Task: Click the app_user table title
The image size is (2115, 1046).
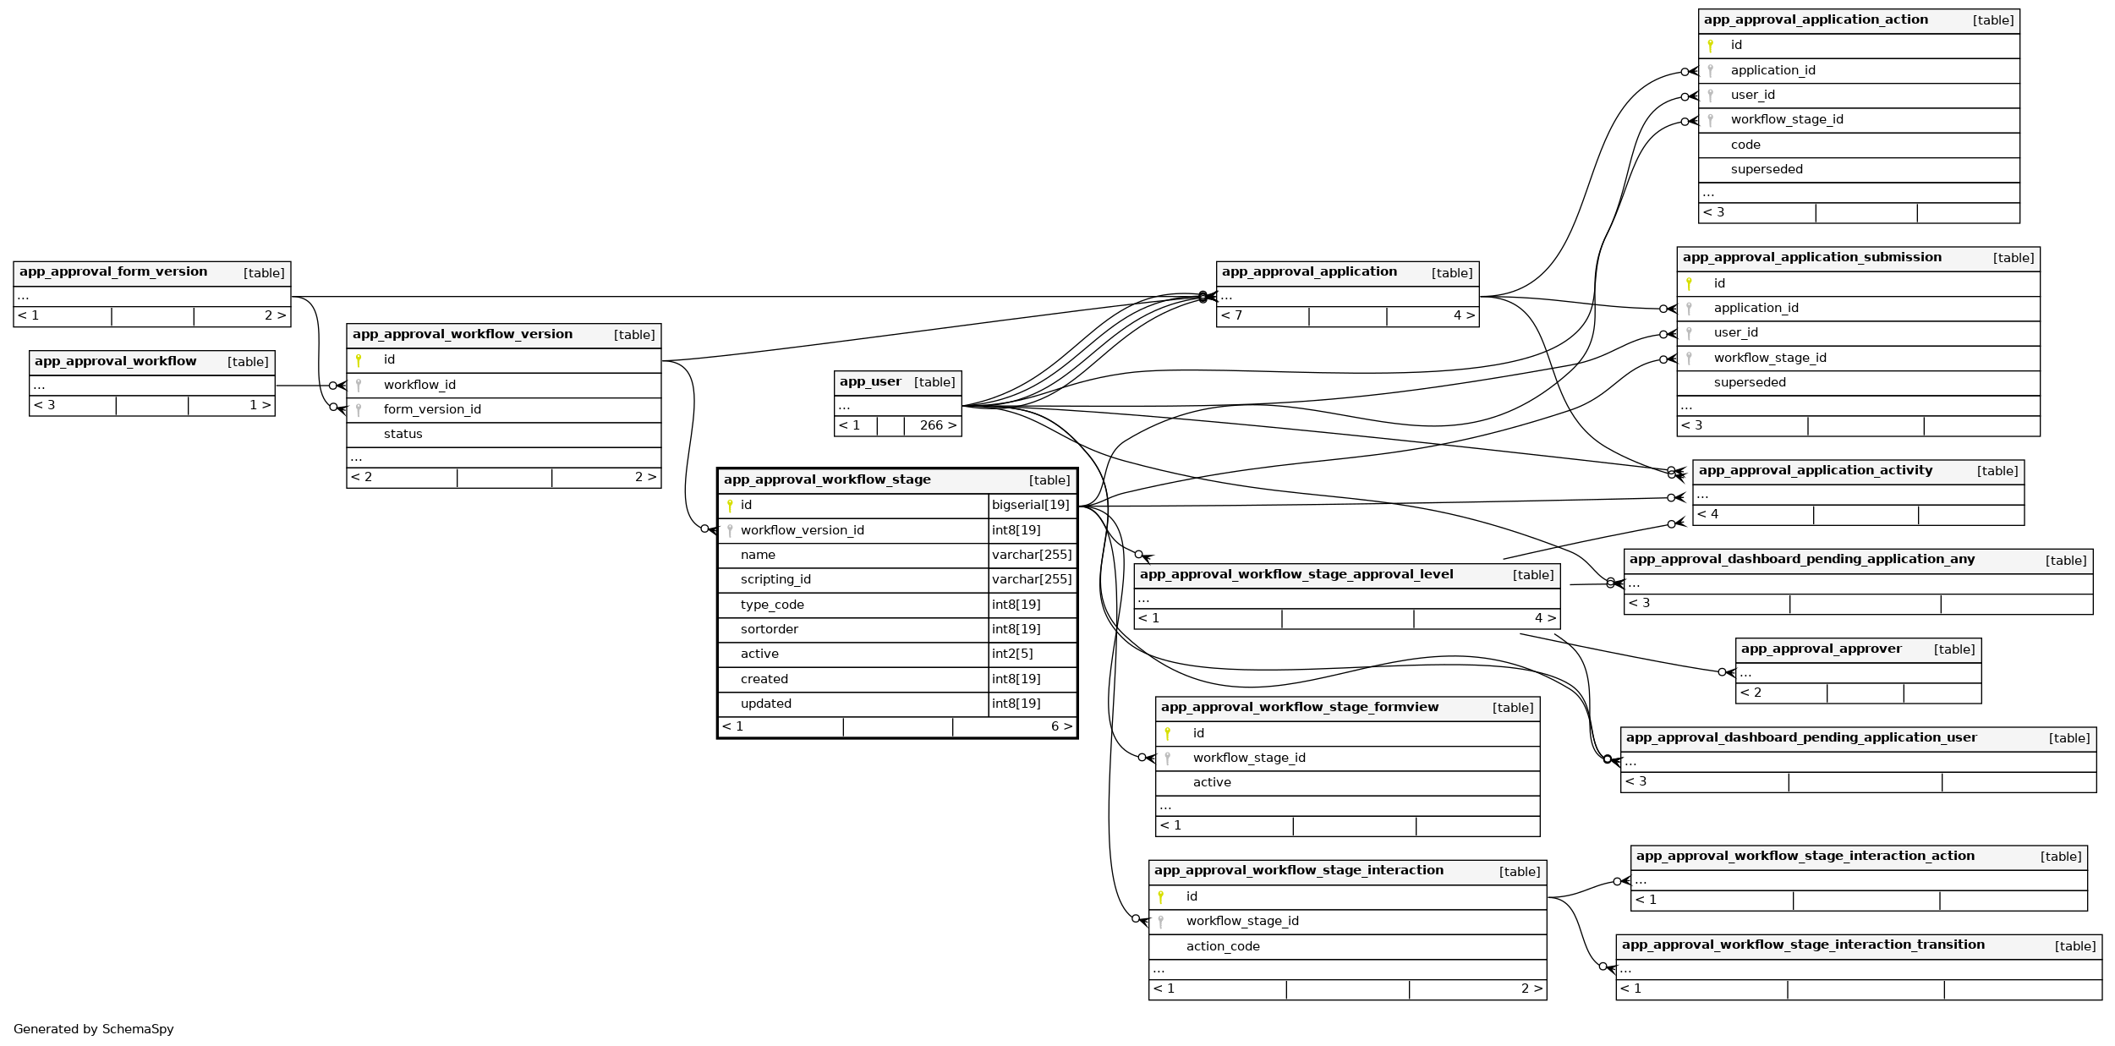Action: (870, 382)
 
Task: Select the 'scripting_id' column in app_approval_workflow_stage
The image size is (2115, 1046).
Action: (775, 580)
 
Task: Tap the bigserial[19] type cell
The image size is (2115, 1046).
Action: (1030, 506)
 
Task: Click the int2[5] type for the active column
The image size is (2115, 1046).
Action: (1012, 654)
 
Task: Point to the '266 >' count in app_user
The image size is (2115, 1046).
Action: (938, 426)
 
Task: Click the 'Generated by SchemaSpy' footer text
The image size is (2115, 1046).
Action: (94, 1029)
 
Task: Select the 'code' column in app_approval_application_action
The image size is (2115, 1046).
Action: (1745, 145)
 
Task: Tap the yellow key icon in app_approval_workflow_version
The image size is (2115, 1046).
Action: (359, 361)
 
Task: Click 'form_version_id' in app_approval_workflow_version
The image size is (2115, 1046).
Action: (432, 410)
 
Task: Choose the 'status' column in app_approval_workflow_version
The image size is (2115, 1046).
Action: (403, 435)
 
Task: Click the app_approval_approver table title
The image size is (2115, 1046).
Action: (1821, 649)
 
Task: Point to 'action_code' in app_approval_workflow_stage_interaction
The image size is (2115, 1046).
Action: (1223, 947)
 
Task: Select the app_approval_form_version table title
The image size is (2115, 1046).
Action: (113, 272)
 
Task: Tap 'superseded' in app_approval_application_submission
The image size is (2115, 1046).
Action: (1750, 383)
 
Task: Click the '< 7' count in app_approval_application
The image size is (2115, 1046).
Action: (1232, 316)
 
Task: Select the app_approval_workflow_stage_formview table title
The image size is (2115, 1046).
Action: (1299, 708)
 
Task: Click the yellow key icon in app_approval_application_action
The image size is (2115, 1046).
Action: (1710, 46)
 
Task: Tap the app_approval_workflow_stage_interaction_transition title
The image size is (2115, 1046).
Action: (1803, 945)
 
